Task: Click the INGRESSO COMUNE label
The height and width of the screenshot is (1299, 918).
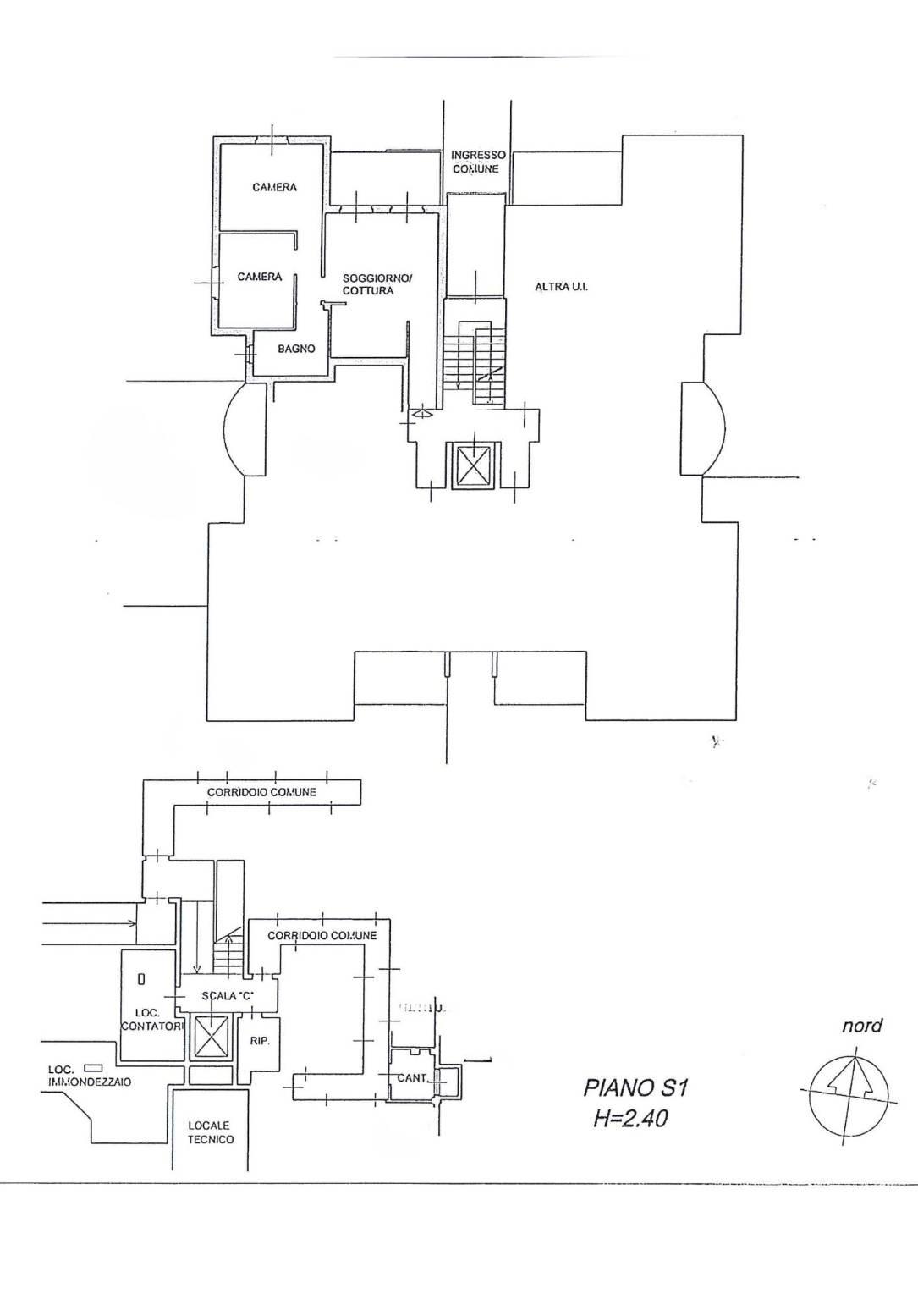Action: pos(477,162)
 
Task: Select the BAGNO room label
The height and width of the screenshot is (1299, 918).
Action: pos(296,349)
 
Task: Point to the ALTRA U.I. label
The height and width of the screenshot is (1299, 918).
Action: pos(561,287)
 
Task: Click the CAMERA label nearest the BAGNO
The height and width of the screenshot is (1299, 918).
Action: pos(260,277)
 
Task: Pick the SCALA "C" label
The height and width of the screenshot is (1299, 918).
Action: pos(227,996)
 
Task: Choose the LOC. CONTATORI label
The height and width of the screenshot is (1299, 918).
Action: pos(151,1020)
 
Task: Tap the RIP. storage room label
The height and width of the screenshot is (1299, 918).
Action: pos(260,1041)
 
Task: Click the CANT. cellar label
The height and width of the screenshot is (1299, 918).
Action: pos(412,1078)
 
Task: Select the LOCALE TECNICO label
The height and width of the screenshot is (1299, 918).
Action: pos(211,1132)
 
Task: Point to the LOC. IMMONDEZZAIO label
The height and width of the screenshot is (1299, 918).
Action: pos(89,1076)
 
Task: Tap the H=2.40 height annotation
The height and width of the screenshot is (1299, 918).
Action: pos(630,1119)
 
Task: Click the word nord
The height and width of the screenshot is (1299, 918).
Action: pos(861,1026)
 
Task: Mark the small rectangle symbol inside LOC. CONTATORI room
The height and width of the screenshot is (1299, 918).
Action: pos(141,979)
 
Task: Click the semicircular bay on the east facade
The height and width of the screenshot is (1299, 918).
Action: pos(704,428)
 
